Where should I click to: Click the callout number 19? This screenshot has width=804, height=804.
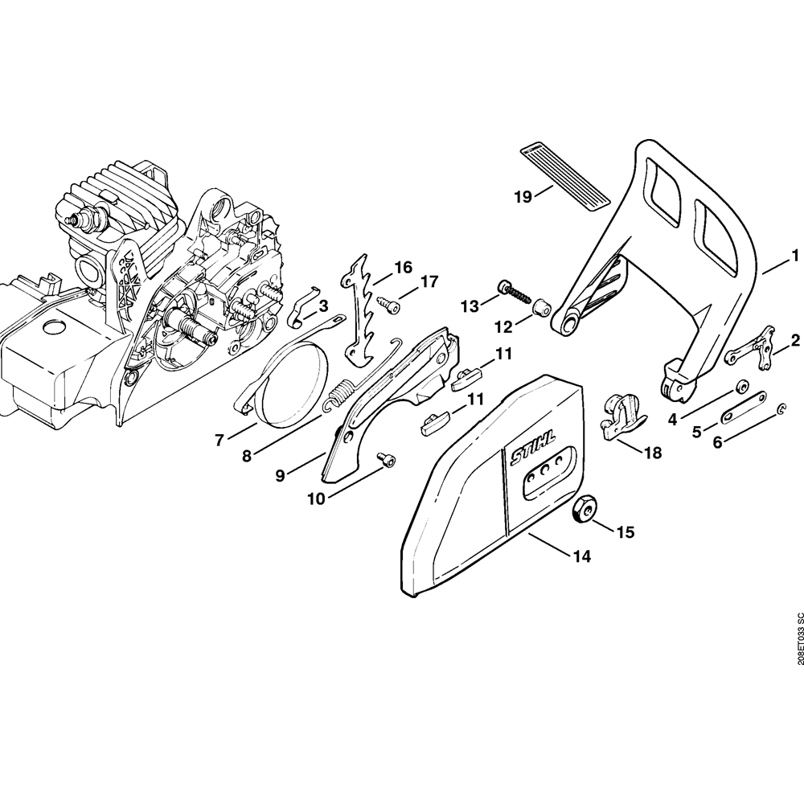[523, 195]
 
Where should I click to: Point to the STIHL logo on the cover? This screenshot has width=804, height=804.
[531, 459]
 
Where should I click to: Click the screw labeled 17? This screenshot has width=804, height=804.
[389, 305]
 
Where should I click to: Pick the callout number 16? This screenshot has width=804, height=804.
[403, 266]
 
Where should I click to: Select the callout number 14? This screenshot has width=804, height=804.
[580, 556]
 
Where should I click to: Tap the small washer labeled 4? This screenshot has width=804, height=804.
[741, 384]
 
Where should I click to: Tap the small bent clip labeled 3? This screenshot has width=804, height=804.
[301, 309]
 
